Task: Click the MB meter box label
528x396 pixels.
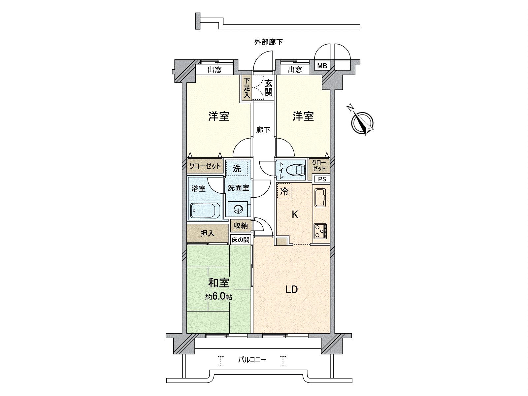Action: tap(322, 66)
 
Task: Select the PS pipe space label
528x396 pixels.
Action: tap(322, 179)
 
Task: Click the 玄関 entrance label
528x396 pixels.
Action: tap(269, 87)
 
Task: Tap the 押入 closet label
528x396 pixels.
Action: tap(208, 233)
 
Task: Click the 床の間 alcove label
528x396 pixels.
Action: tap(240, 240)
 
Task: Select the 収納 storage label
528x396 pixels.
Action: tap(241, 226)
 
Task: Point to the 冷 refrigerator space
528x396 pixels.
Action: tap(284, 192)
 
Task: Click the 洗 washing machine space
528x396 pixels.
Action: tap(237, 169)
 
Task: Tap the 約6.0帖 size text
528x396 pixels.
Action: tap(218, 297)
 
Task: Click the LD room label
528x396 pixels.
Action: tap(292, 290)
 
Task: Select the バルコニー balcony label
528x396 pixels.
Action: tap(252, 360)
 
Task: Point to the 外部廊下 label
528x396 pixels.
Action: tap(268, 42)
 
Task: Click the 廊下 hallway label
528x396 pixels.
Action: tap(263, 130)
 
